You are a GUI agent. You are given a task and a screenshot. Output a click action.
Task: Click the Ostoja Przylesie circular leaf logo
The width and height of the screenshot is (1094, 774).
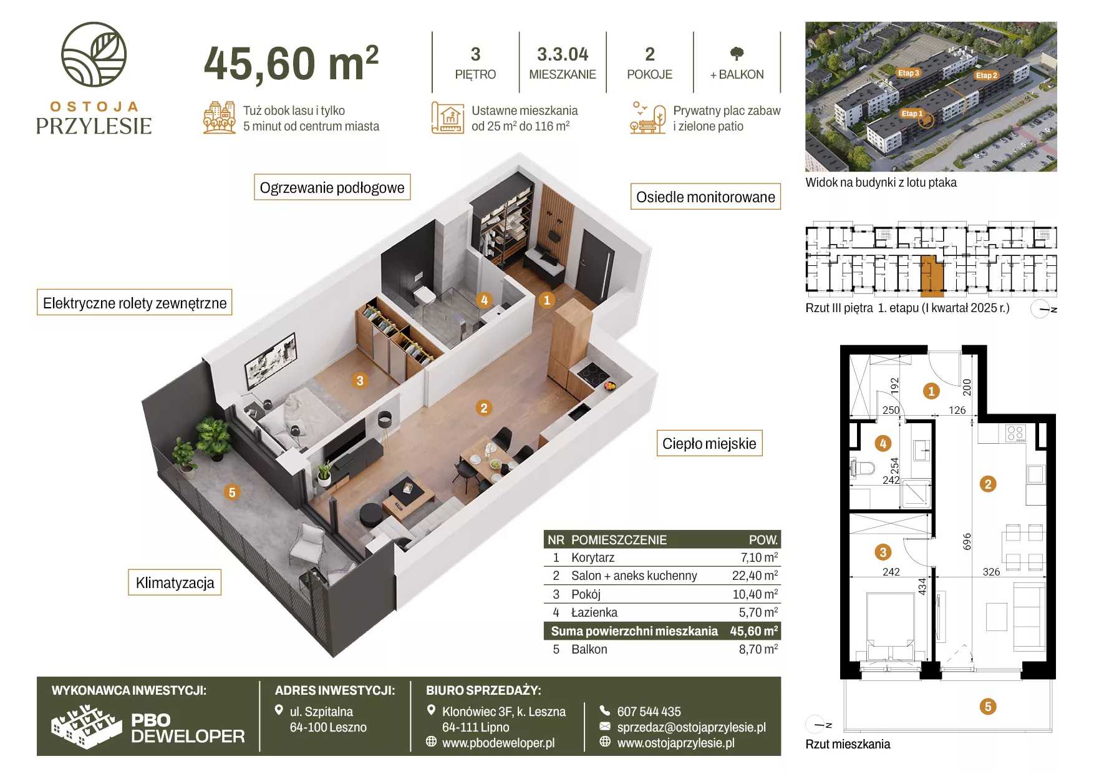pyautogui.click(x=94, y=54)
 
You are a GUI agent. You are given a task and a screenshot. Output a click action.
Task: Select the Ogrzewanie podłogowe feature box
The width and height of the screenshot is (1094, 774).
pyautogui.click(x=332, y=187)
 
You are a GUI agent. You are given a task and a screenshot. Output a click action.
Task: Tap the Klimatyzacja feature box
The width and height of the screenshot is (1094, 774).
pyautogui.click(x=175, y=582)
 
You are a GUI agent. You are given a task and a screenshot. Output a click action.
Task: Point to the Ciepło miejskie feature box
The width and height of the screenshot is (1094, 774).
pyautogui.click(x=709, y=443)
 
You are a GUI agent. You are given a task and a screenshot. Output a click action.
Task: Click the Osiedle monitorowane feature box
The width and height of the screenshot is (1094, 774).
pyautogui.click(x=705, y=197)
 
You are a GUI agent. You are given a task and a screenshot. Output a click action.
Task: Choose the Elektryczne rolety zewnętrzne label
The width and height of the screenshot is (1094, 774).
pyautogui.click(x=135, y=303)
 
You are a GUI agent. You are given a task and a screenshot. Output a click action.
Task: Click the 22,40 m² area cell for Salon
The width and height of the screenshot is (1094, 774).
pyautogui.click(x=755, y=576)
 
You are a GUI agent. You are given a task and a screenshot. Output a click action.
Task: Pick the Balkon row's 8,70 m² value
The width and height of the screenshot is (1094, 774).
pyautogui.click(x=758, y=649)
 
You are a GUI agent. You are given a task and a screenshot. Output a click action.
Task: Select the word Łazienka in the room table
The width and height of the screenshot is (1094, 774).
pyautogui.click(x=594, y=612)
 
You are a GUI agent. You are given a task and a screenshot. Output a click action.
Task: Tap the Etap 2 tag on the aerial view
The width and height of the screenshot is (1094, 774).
pyautogui.click(x=986, y=76)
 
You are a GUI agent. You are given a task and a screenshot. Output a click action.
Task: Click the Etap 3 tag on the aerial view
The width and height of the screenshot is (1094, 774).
pyautogui.click(x=908, y=73)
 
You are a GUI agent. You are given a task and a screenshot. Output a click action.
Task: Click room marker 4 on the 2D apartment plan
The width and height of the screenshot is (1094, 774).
pyautogui.click(x=883, y=443)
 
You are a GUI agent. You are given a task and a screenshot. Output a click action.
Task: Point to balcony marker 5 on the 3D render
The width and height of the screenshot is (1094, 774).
pyautogui.click(x=232, y=492)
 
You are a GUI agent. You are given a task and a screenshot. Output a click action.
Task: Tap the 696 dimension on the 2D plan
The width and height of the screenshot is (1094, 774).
pyautogui.click(x=967, y=541)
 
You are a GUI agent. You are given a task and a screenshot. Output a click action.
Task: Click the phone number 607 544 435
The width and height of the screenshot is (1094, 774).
pyautogui.click(x=649, y=711)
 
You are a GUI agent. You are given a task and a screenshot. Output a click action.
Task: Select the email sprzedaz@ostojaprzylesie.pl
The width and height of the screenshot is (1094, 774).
pyautogui.click(x=691, y=727)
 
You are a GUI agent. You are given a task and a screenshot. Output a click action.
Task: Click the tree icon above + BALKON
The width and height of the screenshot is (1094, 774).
pyautogui.click(x=737, y=54)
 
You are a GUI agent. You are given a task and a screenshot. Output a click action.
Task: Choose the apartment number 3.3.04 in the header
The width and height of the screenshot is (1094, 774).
pyautogui.click(x=563, y=54)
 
